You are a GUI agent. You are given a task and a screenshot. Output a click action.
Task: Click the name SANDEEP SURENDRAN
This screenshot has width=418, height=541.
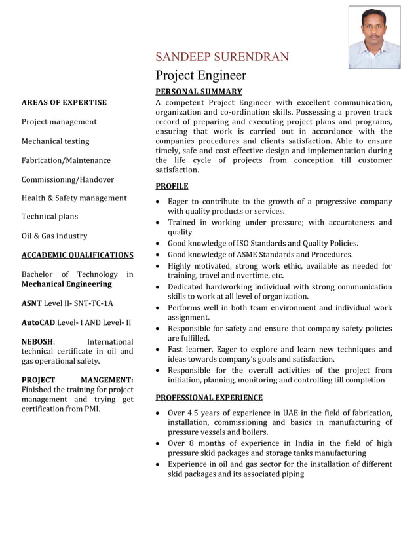[221, 57]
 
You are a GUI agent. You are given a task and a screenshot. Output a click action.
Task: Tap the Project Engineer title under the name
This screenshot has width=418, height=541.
[200, 75]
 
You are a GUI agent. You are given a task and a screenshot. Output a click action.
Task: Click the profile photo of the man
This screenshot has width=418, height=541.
[374, 37]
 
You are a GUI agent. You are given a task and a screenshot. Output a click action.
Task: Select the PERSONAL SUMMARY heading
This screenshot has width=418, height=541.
[199, 92]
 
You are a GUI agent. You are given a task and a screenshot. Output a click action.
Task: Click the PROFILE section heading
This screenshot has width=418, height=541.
[172, 186]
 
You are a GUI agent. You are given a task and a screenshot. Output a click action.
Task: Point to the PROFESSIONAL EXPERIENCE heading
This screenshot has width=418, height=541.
[208, 397]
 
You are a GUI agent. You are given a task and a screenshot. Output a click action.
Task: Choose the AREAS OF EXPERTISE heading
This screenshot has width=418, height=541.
[64, 102]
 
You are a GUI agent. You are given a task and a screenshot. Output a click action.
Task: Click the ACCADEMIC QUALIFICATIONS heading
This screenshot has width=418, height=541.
[77, 255]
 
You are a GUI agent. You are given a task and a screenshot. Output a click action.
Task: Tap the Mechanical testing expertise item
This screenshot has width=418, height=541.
[56, 141]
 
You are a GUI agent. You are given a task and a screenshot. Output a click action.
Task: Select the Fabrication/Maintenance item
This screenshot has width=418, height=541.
[66, 160]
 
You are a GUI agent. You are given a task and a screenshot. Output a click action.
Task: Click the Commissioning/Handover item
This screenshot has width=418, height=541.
[67, 179]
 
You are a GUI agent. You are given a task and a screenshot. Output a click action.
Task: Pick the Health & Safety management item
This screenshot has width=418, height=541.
[74, 198]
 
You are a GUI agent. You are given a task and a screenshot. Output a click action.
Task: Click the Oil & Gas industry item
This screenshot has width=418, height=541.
[54, 236]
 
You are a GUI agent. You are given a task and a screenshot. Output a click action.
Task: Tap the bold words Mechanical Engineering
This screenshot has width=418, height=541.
[67, 284]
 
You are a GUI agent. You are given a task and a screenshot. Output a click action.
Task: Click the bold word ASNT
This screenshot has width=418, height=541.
[32, 303]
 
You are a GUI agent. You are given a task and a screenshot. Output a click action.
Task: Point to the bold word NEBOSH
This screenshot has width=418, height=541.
[38, 341]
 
